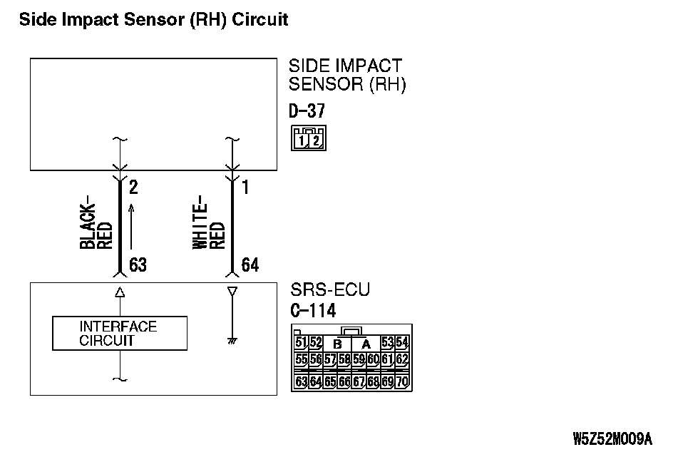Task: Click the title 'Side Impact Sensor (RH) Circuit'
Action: coord(153,19)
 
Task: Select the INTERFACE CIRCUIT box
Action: coord(120,334)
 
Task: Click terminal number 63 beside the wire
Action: coord(138,265)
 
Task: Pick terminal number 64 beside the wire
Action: coord(250,265)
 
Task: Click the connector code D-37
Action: coord(307,112)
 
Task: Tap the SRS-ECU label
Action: coord(330,291)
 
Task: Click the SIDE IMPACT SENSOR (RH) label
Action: coord(346,76)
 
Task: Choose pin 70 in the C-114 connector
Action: coord(402,381)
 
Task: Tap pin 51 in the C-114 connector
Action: coord(301,342)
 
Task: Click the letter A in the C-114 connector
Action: coord(366,343)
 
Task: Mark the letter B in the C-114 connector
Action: coord(337,343)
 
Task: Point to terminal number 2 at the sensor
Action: coord(133,188)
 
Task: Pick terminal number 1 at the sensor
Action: coord(246,188)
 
